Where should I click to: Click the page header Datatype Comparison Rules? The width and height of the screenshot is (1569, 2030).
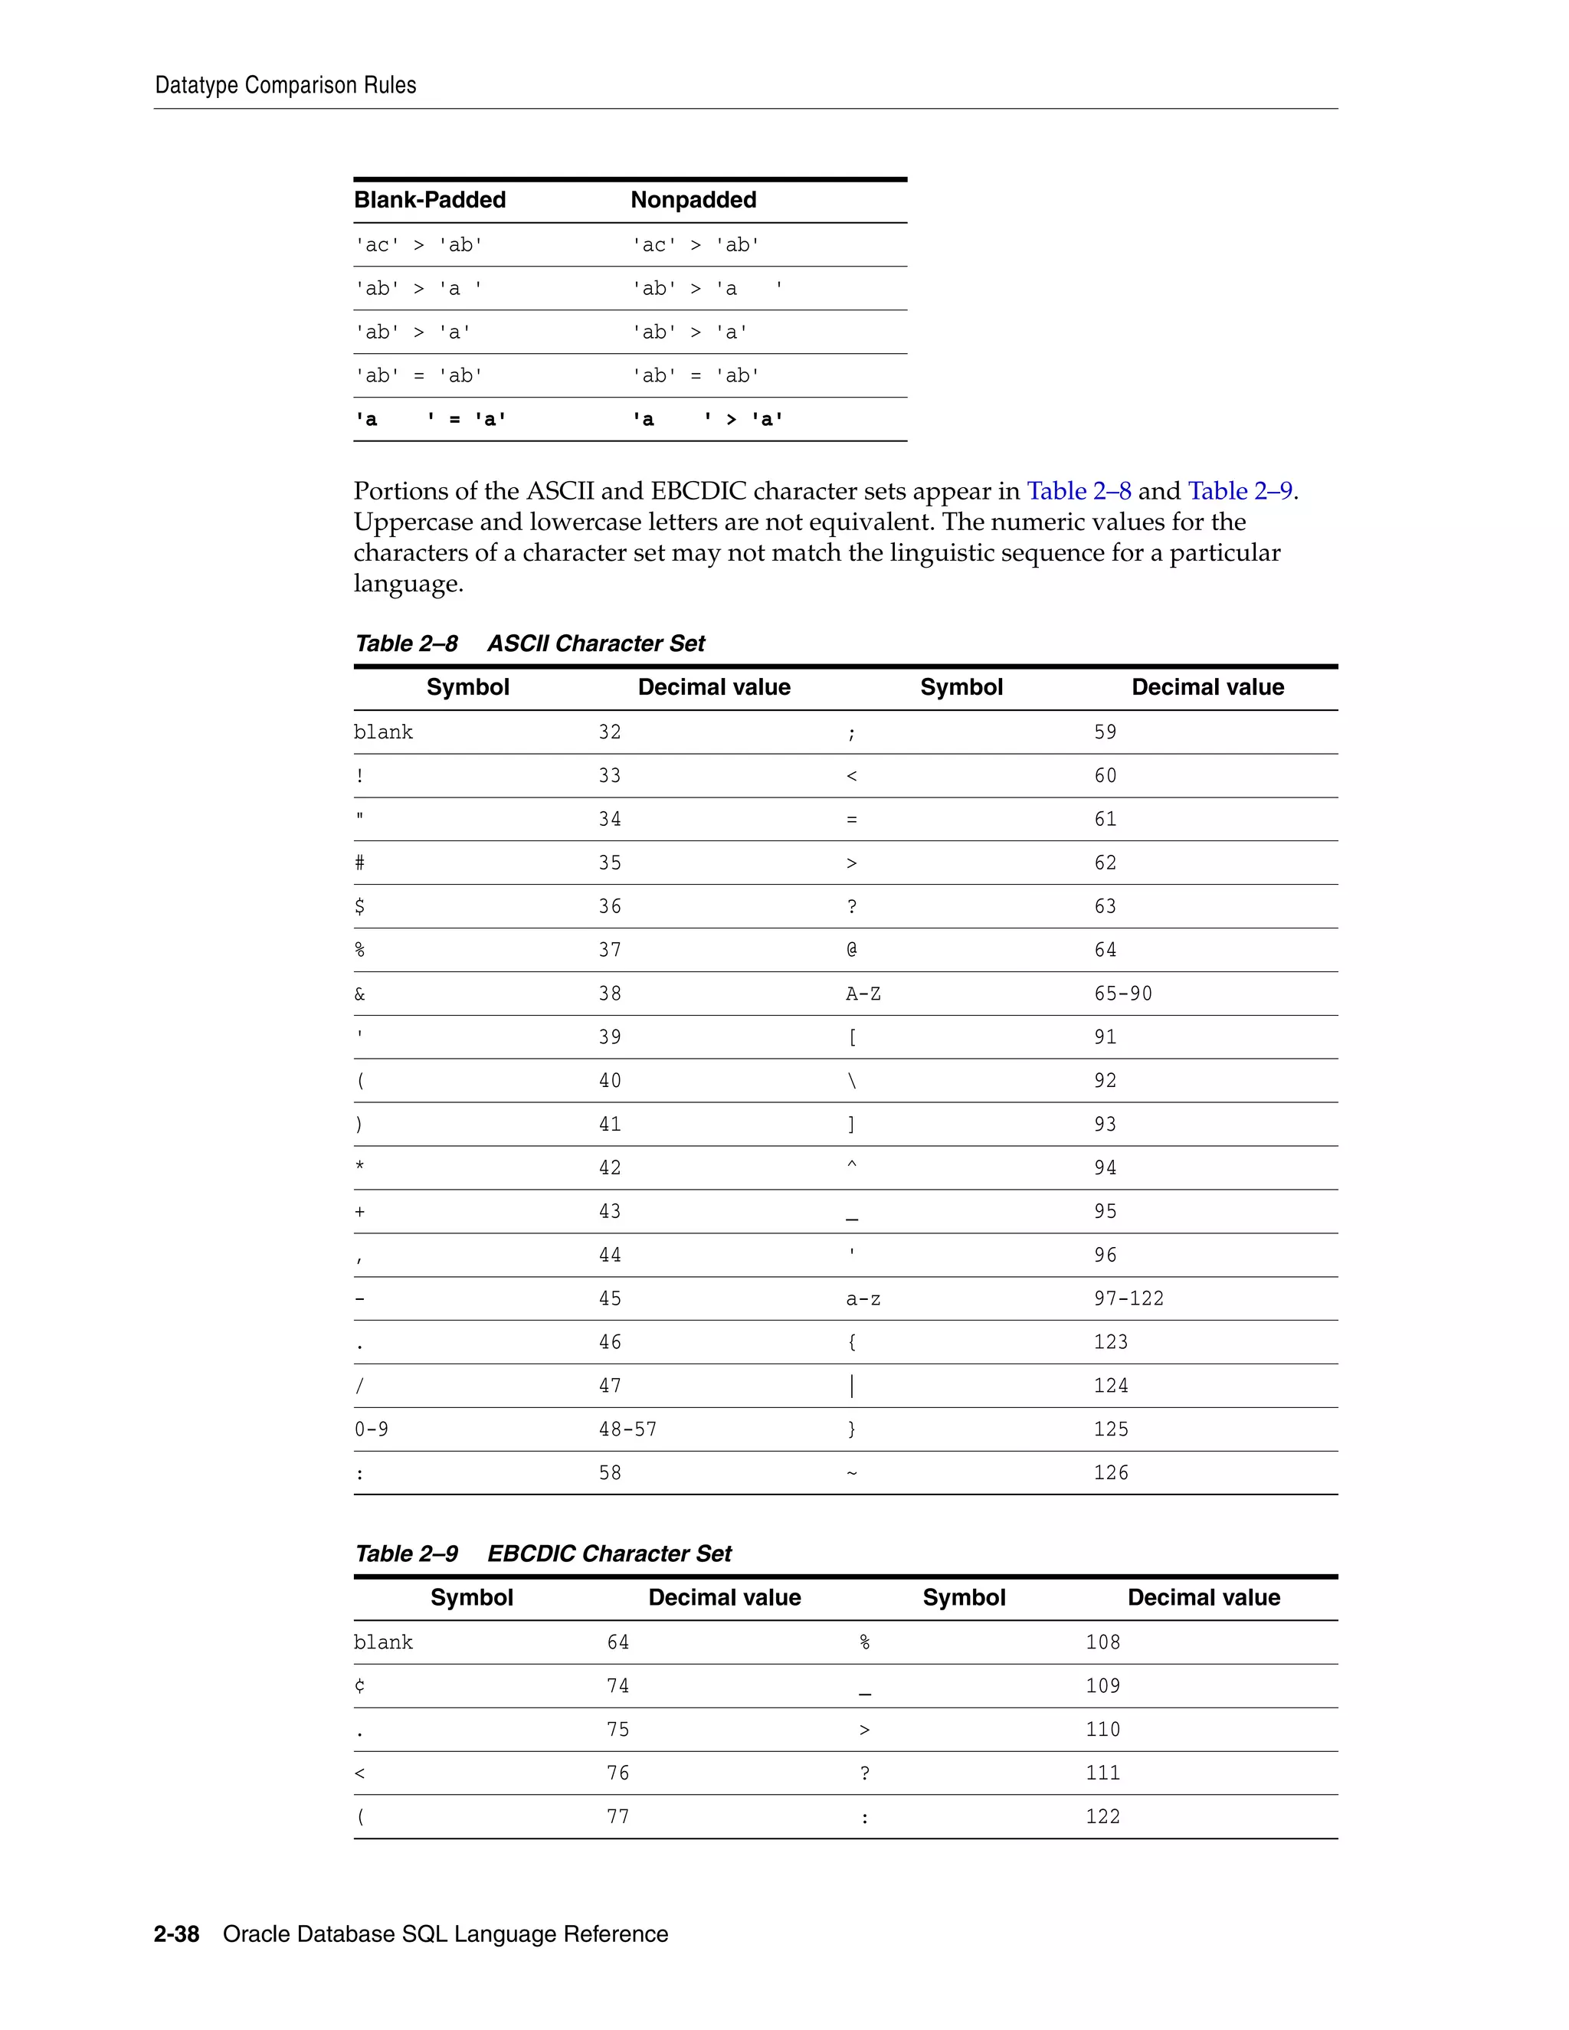285,86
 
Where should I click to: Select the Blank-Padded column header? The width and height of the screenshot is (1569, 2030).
430,200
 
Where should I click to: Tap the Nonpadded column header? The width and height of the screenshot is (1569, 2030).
693,200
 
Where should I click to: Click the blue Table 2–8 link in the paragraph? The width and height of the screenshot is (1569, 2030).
1078,491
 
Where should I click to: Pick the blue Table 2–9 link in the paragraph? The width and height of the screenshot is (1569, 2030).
1240,491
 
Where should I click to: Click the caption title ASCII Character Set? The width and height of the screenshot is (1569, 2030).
596,643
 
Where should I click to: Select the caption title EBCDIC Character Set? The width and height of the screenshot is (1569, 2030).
609,1554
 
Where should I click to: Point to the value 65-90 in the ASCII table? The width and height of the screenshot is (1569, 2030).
1123,994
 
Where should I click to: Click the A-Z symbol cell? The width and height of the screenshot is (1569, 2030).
863,994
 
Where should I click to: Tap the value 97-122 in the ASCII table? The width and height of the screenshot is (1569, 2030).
1128,1298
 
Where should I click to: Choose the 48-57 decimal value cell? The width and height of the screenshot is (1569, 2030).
627,1429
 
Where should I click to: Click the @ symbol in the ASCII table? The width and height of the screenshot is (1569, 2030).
851,950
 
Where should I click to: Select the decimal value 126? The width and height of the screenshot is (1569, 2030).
1111,1473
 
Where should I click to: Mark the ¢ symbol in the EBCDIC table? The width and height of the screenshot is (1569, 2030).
360,1686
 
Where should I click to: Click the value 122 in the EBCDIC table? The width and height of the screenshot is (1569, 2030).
1102,1817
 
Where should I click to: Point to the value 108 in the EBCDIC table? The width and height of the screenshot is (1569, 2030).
1102,1642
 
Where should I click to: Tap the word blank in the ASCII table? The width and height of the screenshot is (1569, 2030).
383,732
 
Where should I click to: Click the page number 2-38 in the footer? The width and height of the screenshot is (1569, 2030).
177,1934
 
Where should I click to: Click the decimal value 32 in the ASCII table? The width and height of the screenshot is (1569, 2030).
610,732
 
